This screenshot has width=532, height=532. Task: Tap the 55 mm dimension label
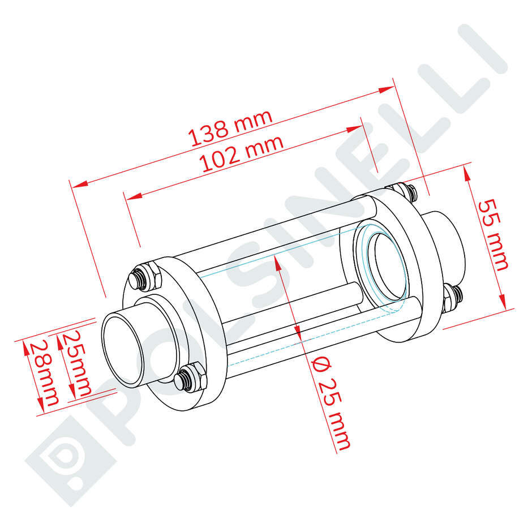coord(493,235)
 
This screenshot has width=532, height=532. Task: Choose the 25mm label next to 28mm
coord(76,363)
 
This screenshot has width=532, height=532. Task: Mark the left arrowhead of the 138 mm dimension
coord(79,184)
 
